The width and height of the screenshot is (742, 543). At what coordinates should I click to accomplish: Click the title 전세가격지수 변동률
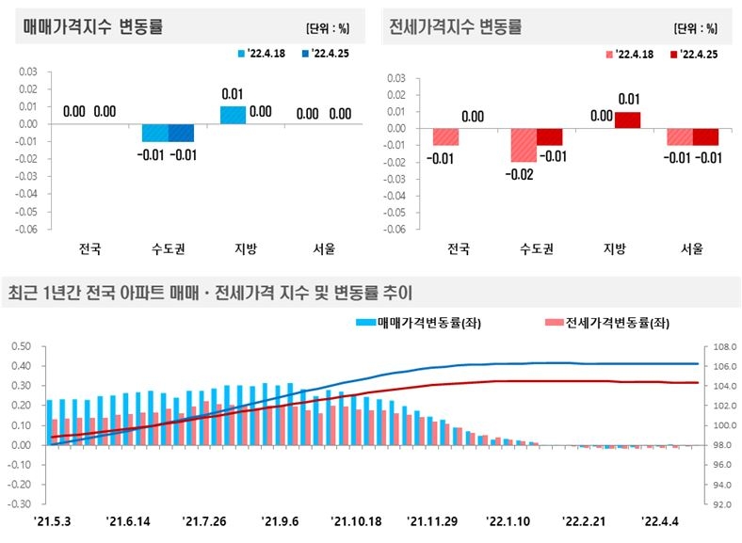[456, 26]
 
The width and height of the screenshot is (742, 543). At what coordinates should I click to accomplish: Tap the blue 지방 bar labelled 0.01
[233, 115]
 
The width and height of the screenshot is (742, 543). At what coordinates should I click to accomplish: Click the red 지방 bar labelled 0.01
[627, 120]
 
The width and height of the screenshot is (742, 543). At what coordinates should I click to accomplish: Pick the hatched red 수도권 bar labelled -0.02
[524, 146]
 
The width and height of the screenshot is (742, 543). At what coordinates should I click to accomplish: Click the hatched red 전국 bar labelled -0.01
[445, 137]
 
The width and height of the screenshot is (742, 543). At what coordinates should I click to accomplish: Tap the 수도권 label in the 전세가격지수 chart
[536, 250]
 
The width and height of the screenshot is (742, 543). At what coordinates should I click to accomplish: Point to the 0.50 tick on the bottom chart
[21, 346]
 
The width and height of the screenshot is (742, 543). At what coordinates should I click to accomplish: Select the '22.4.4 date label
[661, 520]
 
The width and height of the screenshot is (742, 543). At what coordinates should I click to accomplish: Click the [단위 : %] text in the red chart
[696, 27]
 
